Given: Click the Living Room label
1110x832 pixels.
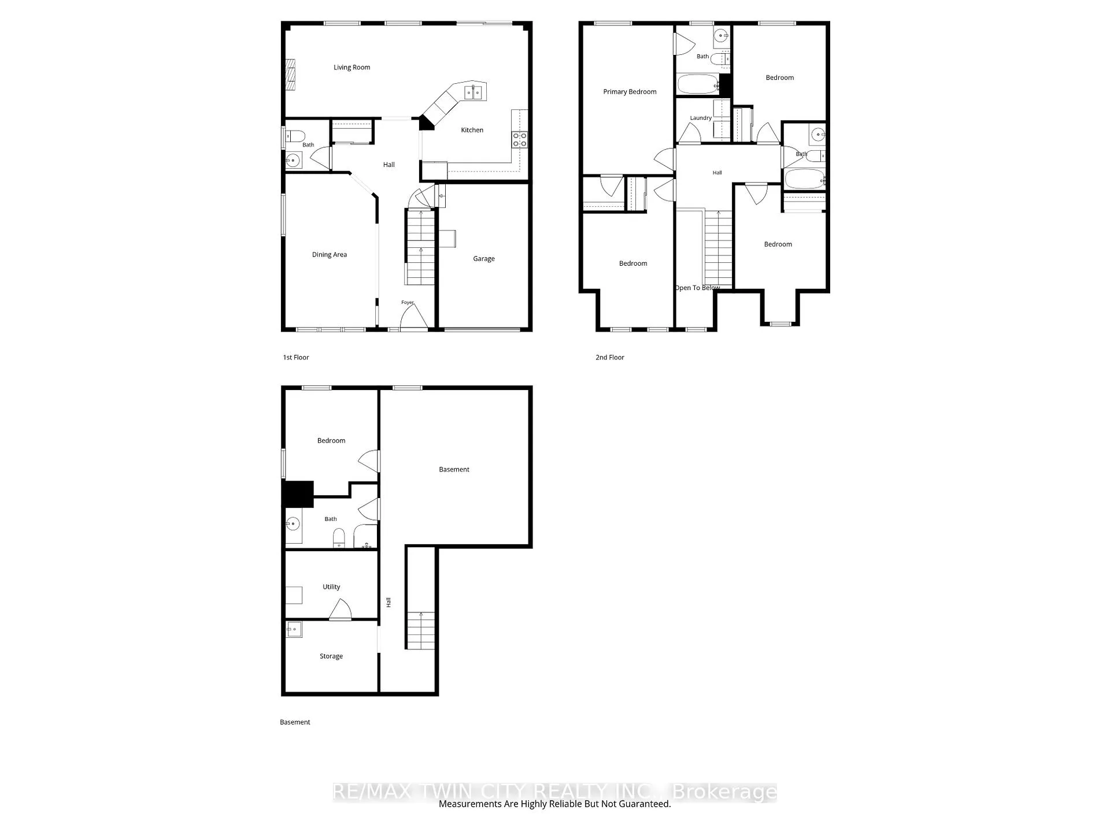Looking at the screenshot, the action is click(351, 68).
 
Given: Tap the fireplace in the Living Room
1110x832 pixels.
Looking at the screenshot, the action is click(291, 75).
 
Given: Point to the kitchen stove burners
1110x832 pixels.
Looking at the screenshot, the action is click(519, 139).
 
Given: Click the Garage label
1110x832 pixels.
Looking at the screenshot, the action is click(484, 259).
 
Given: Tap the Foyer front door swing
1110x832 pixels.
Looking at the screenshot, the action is click(414, 317).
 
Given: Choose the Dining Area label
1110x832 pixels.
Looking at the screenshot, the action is click(330, 255).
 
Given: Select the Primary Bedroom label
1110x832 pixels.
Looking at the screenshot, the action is click(630, 92).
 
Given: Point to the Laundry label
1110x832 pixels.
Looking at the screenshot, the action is click(701, 118).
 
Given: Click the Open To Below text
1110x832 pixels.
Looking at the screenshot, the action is click(697, 288).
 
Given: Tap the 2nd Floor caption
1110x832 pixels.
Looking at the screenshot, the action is click(610, 358).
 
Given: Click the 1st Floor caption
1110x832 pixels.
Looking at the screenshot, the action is click(296, 358).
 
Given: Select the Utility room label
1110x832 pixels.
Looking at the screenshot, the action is click(331, 587).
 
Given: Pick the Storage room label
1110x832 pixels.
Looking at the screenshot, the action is click(331, 656).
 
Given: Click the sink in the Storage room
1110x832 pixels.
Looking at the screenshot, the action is click(294, 629).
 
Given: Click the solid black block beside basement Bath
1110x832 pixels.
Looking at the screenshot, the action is click(298, 494).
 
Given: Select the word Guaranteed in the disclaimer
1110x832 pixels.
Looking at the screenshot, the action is click(644, 804).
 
